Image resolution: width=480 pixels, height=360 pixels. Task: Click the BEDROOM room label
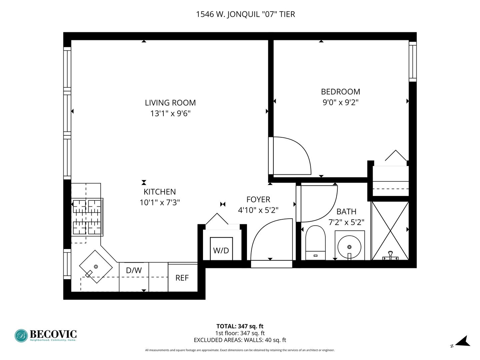tap(340, 92)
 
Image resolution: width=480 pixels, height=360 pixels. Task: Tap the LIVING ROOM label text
tap(170, 103)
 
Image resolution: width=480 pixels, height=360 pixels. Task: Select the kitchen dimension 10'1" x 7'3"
tap(160, 203)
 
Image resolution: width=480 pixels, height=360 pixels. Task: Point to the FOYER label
tap(258, 199)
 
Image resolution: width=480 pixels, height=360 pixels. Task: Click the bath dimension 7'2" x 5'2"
tap(346, 222)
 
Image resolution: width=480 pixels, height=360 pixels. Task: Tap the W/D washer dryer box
tap(221, 249)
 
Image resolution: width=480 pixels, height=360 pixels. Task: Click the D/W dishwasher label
tap(134, 270)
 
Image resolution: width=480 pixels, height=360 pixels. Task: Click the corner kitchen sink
tap(96, 267)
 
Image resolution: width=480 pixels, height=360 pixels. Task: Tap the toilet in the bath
tap(315, 243)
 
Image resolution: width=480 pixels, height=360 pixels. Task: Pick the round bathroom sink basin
tap(349, 247)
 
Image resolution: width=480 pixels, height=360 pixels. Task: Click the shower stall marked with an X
tap(390, 231)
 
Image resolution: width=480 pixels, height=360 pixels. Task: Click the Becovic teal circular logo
tap(21, 336)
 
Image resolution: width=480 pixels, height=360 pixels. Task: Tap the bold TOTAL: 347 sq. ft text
tap(240, 326)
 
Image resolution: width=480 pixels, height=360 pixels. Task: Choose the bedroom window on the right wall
tap(413, 62)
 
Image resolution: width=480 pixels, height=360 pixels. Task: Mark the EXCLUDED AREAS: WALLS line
tap(240, 340)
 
